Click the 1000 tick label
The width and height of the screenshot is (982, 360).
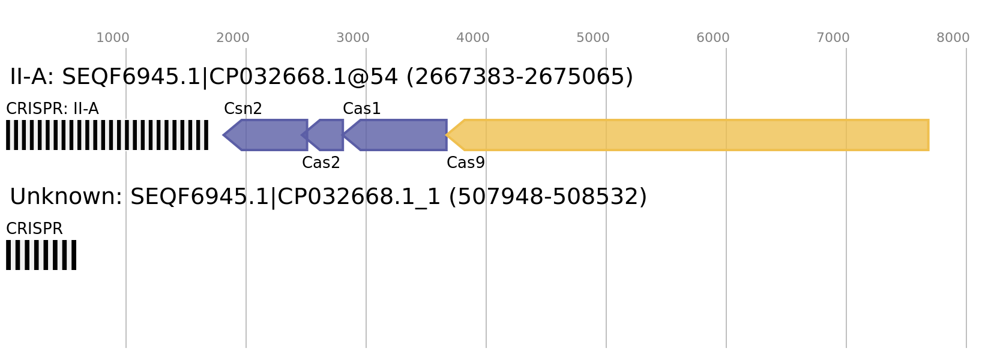[x=113, y=38]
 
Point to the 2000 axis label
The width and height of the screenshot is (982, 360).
[x=233, y=38]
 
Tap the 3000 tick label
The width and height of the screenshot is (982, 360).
[x=353, y=38]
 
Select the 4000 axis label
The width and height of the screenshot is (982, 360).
[x=473, y=38]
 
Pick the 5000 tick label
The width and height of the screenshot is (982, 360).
[x=593, y=38]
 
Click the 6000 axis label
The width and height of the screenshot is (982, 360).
[x=713, y=38]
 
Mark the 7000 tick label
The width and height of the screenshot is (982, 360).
[x=833, y=38]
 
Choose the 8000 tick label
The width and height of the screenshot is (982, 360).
[x=953, y=38]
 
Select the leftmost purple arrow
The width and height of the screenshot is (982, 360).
[x=270, y=135]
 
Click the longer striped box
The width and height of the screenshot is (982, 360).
[x=107, y=135]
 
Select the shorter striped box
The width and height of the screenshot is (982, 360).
[x=41, y=255]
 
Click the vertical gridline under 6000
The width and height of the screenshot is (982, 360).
[x=726, y=270]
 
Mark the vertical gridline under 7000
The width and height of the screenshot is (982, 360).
[x=846, y=270]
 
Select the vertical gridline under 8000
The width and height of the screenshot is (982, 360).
[x=966, y=270]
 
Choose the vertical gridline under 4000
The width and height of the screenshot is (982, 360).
[x=486, y=270]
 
